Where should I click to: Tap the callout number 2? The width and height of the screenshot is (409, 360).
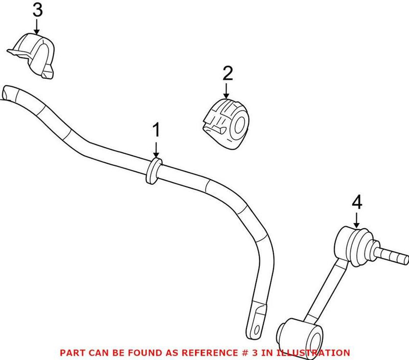pos(228,74)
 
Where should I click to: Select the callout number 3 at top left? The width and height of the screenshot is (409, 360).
pos(37,10)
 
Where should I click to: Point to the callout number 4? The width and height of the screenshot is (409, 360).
pos(356,203)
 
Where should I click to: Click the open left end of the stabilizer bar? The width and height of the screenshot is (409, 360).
pos(9,95)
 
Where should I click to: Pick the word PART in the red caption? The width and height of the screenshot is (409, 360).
pos(71,353)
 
